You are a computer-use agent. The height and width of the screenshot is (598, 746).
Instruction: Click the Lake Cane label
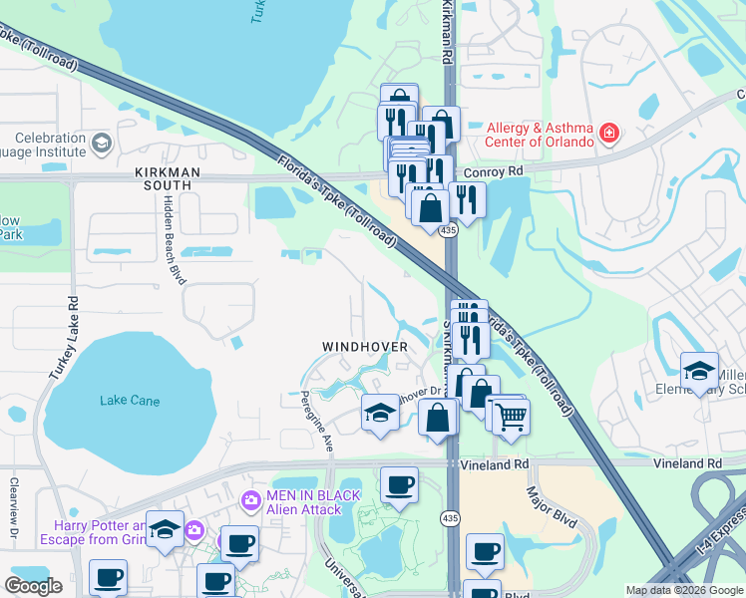coord(130,401)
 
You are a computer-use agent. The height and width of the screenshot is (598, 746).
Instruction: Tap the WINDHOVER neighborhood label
coord(365,347)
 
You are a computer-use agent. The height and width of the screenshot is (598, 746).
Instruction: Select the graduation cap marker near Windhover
coord(379,412)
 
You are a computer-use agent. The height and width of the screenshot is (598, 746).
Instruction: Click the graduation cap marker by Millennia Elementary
coord(699,369)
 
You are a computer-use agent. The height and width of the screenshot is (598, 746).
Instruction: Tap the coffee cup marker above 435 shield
coord(400,484)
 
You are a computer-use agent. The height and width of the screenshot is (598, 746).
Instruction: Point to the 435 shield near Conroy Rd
coord(450,230)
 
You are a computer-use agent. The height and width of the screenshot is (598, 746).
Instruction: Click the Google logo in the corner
coord(33,586)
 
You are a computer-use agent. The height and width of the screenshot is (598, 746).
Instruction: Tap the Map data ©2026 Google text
coord(683,590)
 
